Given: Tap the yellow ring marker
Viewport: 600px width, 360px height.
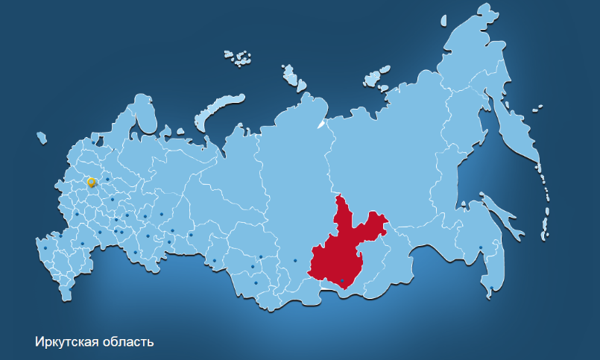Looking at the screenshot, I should pos(91,182).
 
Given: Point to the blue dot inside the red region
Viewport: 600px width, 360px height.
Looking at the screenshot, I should pos(342,280).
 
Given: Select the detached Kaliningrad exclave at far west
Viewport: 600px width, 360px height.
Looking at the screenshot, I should pos(42,137).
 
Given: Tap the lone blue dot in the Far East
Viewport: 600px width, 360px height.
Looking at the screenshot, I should pos(481,247).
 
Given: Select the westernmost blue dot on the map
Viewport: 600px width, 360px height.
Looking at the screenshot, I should pos(45,248).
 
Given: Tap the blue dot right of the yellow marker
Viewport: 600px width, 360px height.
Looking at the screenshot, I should pos(107,179).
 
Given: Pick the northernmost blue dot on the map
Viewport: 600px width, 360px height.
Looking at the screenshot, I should pos(93,142).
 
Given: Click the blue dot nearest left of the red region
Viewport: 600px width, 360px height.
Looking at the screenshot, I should pos(295,260).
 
